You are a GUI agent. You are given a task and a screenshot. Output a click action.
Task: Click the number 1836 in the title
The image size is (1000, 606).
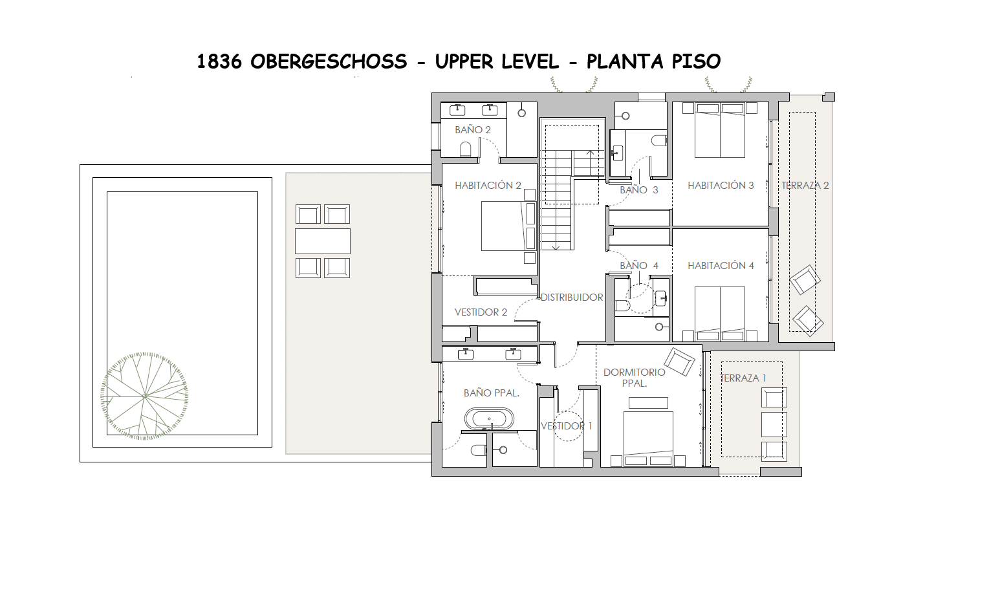coord(219,61)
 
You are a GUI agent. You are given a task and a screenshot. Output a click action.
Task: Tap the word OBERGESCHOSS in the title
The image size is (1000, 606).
coord(329,61)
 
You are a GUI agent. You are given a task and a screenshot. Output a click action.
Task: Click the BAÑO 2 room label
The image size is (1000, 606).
coord(472,130)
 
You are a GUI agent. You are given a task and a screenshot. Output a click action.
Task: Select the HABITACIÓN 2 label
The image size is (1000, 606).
coord(488,186)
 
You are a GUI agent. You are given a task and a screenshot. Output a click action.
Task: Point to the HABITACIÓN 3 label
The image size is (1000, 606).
coord(721,186)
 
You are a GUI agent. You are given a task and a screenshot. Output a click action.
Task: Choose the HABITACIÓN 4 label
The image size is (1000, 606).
coord(721,266)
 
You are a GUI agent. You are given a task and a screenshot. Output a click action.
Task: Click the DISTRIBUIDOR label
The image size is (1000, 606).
coord(572,298)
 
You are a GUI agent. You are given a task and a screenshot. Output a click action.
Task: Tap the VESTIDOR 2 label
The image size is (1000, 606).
coord(481,312)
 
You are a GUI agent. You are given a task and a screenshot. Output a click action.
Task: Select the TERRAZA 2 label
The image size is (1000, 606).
coord(805,186)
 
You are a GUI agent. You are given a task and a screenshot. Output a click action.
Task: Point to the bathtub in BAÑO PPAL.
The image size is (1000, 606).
coord(489,420)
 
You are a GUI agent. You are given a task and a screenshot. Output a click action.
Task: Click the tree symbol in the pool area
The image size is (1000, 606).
coord(145,396)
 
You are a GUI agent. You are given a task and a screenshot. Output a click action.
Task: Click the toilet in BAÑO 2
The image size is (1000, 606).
coord(466,149)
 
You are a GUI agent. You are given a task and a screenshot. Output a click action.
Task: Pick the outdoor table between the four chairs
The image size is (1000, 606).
coord(322,241)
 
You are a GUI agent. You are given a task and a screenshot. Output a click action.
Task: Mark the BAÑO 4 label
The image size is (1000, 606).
coord(638,266)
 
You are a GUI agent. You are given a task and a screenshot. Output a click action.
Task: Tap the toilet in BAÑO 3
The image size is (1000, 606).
coord(658,140)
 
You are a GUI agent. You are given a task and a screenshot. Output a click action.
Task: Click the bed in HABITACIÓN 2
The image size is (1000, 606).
coord(508,226)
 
